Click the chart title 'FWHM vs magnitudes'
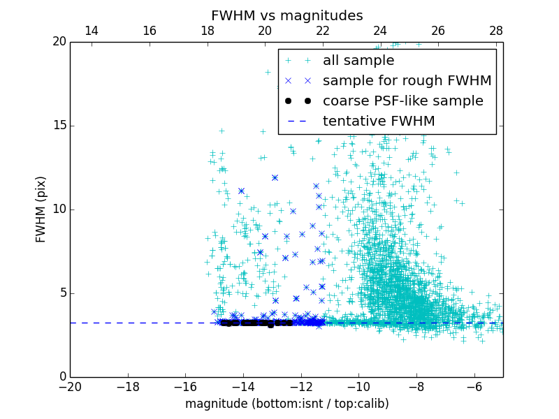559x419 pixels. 286,15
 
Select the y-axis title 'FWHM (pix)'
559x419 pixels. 41,209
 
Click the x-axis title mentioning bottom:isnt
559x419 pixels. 286,404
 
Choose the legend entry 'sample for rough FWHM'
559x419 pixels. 407,81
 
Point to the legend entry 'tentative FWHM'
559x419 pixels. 379,122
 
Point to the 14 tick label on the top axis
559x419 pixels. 91,31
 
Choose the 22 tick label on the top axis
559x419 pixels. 322,31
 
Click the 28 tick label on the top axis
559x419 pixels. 495,31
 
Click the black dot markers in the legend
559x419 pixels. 298,101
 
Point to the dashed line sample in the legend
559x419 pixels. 298,122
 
